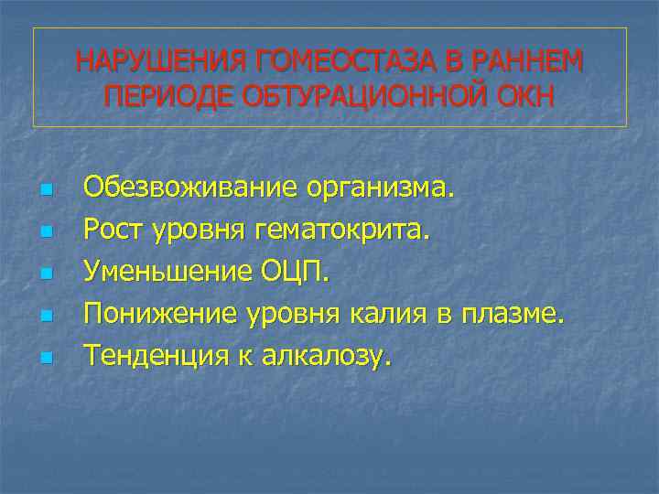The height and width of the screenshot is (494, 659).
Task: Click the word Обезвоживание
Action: (190, 189)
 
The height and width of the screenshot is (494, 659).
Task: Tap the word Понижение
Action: (161, 315)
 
